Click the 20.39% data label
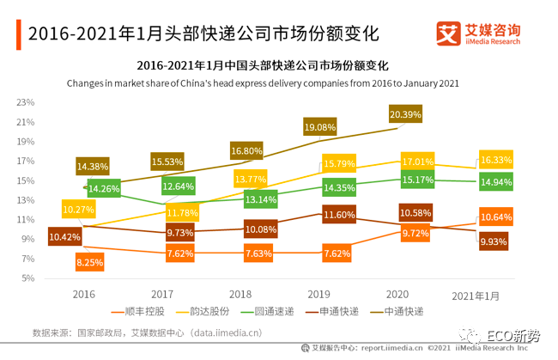(x=405, y=114)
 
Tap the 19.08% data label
(x=320, y=127)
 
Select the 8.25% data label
(x=89, y=261)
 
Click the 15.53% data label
(x=167, y=162)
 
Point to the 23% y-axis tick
(x=24, y=102)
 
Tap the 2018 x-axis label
(x=243, y=295)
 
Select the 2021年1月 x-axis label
(x=476, y=296)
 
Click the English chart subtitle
(x=263, y=83)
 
